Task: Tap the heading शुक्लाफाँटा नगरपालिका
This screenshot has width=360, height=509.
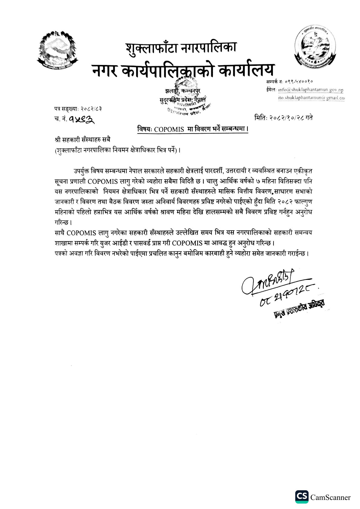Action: tap(181, 47)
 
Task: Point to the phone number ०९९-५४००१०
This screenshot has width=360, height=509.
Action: tap(298, 82)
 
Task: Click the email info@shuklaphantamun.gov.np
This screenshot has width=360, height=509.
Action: tap(311, 90)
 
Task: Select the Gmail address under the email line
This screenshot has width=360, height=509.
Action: tap(311, 98)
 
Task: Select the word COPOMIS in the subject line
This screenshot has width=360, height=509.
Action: tap(169, 129)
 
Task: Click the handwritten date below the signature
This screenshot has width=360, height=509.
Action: tap(287, 297)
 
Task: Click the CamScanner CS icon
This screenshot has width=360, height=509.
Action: tap(302, 497)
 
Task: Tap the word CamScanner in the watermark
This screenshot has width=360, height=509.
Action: tap(330, 497)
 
